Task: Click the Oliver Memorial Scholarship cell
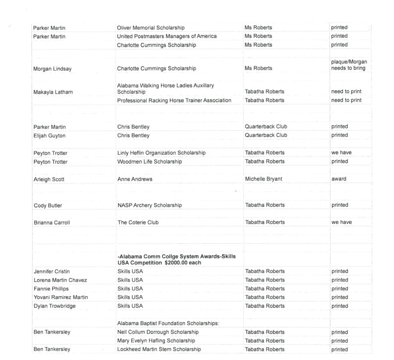click(x=151, y=28)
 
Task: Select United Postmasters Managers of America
click(x=167, y=36)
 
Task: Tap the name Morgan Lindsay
click(x=52, y=69)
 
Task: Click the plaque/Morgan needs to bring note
click(x=349, y=65)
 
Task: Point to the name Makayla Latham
click(x=53, y=92)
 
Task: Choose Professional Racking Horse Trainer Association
click(x=174, y=100)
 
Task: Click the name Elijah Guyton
click(x=49, y=136)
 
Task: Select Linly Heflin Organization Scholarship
click(x=161, y=153)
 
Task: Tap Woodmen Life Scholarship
click(x=149, y=162)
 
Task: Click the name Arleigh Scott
click(x=49, y=179)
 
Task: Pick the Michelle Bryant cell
click(x=264, y=179)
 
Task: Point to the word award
click(x=339, y=179)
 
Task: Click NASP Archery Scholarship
click(x=149, y=205)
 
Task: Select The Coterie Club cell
click(x=138, y=223)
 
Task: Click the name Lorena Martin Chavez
click(x=60, y=280)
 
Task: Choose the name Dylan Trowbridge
click(x=55, y=306)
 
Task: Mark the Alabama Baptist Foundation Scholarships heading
click(x=168, y=323)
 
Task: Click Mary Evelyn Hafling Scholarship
click(x=156, y=341)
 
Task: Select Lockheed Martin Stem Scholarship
click(x=159, y=350)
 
